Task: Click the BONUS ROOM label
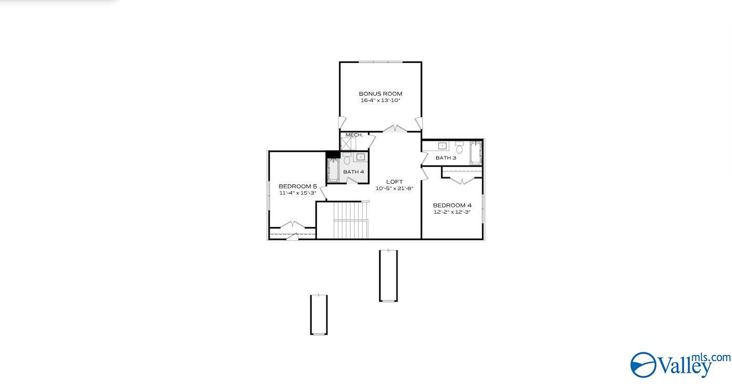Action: tap(380, 94)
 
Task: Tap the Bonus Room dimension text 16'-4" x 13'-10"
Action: tap(380, 100)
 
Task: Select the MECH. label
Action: tap(354, 135)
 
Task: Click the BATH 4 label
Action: tap(354, 172)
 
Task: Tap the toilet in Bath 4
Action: tap(347, 160)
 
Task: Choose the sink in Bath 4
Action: tap(360, 156)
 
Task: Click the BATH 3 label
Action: tap(446, 158)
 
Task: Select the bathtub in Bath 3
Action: tap(475, 153)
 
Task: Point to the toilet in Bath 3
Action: tap(459, 148)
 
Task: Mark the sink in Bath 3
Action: tap(442, 146)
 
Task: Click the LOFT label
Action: tap(394, 182)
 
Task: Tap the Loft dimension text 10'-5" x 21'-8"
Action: tap(394, 188)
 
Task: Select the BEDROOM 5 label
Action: tap(297, 186)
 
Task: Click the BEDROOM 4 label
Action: tap(452, 205)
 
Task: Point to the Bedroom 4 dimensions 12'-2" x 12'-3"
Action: tap(452, 212)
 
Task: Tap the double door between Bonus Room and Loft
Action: tap(395, 129)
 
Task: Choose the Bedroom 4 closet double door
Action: tap(462, 181)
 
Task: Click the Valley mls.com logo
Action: tap(679, 364)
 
